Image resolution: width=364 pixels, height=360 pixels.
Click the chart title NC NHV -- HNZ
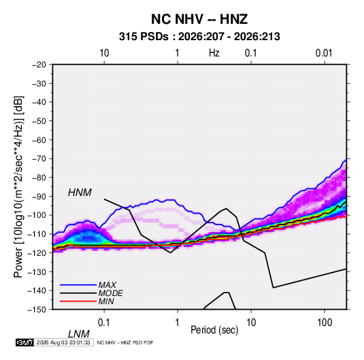199,19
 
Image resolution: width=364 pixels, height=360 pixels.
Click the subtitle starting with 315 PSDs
199,37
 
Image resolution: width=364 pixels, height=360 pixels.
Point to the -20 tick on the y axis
39,65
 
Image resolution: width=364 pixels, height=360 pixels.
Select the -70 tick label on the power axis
39,159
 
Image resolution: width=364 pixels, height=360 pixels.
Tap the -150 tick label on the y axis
37,310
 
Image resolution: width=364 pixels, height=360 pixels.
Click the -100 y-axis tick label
37,215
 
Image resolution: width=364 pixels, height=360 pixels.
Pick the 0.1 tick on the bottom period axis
104,323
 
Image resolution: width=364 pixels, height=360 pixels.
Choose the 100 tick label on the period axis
324,323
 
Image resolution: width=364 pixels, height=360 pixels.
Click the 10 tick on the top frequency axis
104,53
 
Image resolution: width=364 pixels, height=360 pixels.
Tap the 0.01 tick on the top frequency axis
324,53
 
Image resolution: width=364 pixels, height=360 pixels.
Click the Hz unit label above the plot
214,53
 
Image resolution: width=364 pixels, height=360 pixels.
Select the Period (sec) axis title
214,330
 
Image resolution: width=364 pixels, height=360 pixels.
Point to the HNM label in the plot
80,193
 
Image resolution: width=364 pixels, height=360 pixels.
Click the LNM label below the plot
79,334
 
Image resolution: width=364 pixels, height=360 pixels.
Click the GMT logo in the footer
25,342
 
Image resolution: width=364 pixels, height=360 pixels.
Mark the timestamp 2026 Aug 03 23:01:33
63,342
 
